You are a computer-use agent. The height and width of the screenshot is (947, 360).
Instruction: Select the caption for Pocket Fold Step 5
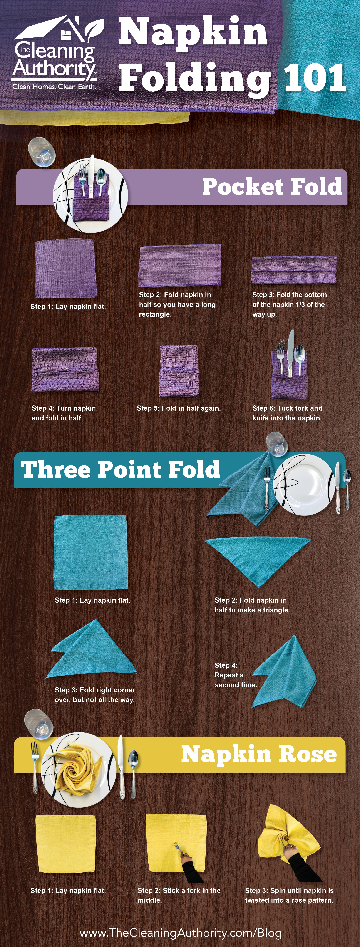pos(179,408)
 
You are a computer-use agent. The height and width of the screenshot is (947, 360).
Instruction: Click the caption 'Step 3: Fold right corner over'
pos(95,694)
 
